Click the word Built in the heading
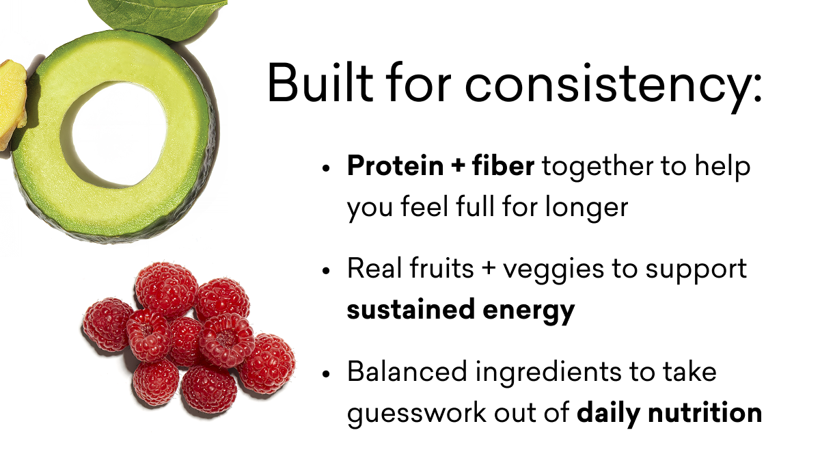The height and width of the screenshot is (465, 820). point(320,83)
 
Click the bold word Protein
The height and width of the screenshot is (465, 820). point(395,166)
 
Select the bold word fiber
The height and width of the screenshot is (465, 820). point(503,166)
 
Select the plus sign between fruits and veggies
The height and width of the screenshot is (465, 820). point(488,269)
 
